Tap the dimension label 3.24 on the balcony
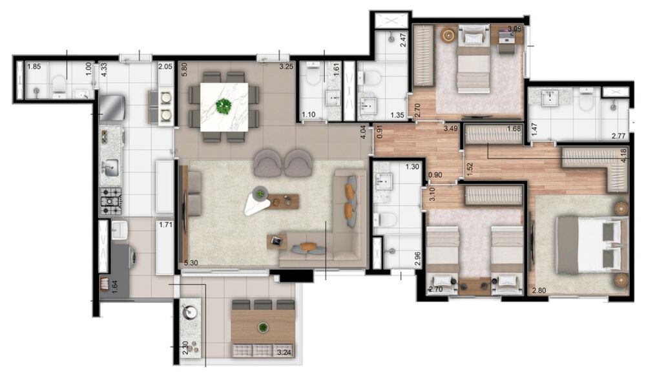point(284,353)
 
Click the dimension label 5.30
point(191,263)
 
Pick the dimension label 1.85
point(34,67)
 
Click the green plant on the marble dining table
point(224,106)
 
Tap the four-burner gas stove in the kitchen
point(110,201)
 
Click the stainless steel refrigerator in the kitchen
point(110,107)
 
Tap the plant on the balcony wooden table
point(262,328)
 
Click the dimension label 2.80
point(539,290)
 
